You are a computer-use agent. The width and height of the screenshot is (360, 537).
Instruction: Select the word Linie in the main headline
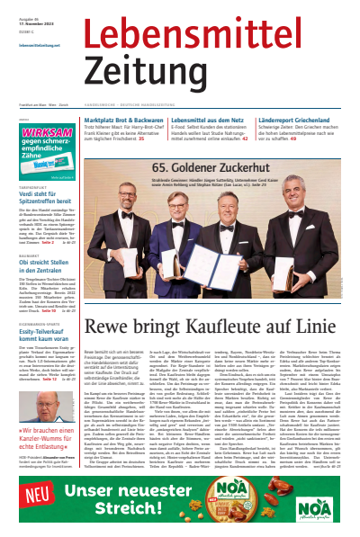(317, 327)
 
